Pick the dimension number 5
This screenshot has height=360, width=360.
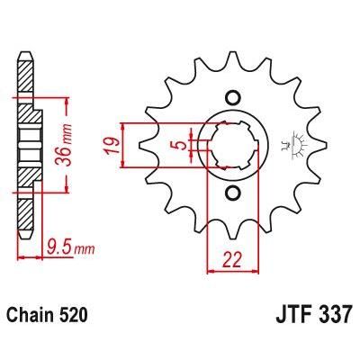(180, 145)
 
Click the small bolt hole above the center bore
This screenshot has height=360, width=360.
(233, 97)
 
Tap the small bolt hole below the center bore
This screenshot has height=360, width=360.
(233, 193)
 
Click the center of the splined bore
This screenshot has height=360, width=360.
(233, 145)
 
